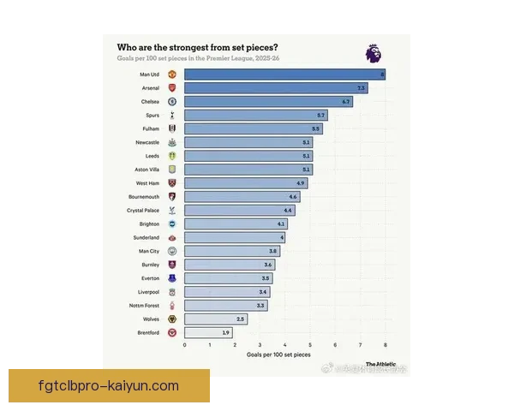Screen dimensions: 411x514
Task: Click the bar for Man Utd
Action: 284,74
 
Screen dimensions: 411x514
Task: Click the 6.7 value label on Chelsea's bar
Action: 346,102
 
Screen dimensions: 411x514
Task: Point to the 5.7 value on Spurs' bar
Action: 321,115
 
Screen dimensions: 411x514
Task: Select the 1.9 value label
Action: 225,333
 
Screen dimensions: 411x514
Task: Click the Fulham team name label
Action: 150,128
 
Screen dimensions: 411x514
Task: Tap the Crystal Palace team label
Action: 143,210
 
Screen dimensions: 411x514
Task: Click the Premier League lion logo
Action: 374,53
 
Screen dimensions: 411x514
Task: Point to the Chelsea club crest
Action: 171,102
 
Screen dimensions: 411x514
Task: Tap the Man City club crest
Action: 171,251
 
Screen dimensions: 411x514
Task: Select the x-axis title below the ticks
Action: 278,354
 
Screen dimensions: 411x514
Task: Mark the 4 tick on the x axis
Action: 284,345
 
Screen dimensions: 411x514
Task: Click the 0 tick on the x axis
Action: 184,345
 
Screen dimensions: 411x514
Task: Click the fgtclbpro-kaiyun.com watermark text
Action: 109,386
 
